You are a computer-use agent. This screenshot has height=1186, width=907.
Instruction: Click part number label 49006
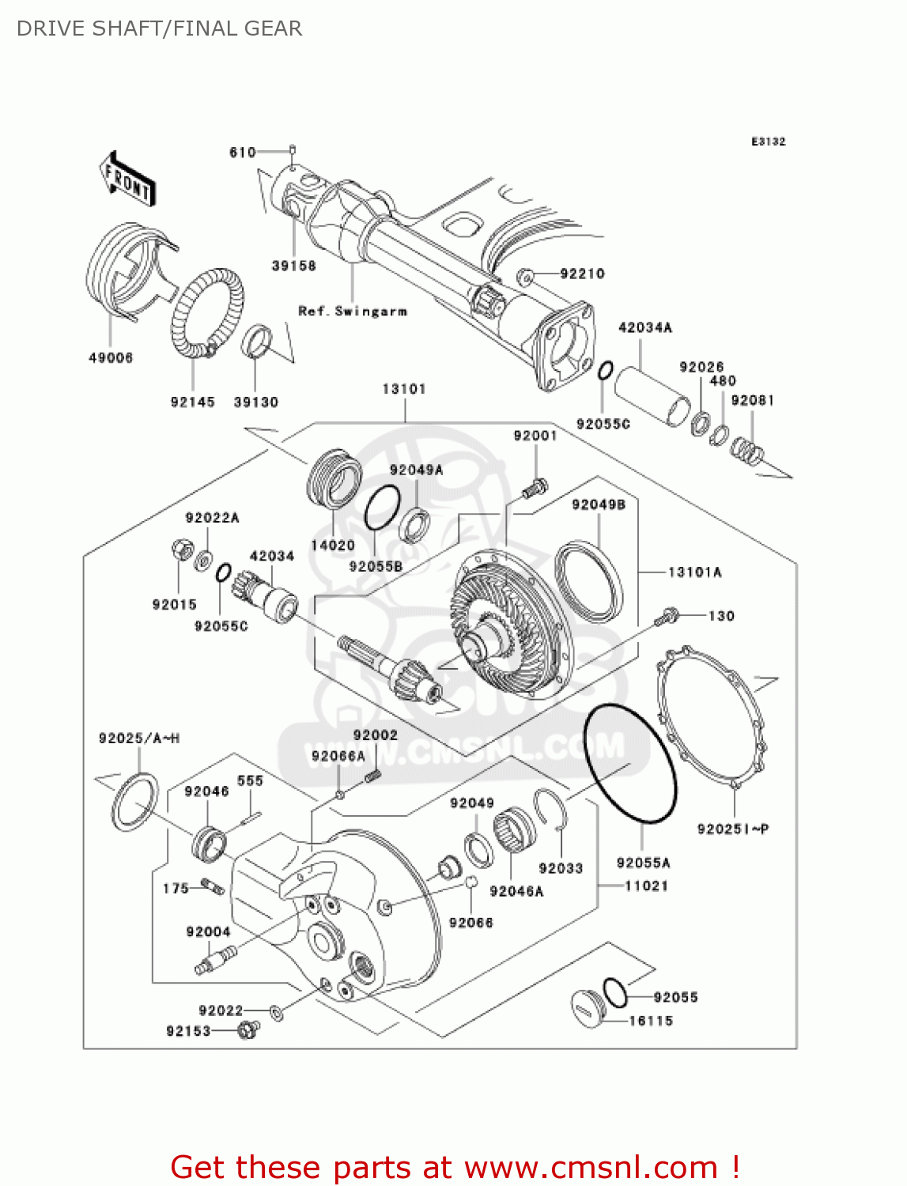111,358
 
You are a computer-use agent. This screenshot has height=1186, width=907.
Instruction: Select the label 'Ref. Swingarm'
353,312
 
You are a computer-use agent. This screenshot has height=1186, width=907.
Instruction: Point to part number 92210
582,274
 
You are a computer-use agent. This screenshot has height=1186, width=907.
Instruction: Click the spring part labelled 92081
746,451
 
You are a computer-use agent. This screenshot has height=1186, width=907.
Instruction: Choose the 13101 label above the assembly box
404,389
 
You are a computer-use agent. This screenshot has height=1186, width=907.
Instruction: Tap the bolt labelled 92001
535,487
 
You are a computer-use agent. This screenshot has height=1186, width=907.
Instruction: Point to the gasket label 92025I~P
733,829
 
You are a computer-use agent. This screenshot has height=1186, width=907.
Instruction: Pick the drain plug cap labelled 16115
588,1007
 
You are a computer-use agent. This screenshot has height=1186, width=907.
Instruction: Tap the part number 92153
188,1031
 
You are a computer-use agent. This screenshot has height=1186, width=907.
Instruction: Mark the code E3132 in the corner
768,142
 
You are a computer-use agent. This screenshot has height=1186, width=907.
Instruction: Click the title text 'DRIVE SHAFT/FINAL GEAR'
160,28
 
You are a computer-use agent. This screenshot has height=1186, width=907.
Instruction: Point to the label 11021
646,886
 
